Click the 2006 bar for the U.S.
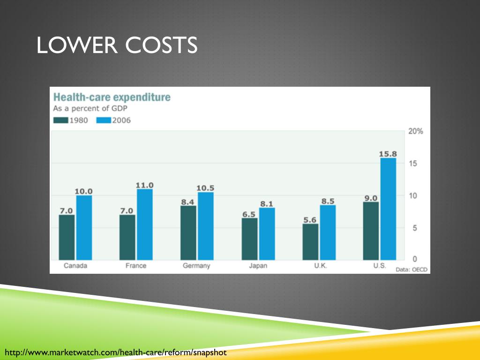[x=388, y=209]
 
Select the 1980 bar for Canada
[x=67, y=237]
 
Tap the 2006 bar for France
[x=145, y=224]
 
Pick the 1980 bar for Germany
[x=188, y=232]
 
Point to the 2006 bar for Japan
[x=267, y=233]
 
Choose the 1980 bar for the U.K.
[x=310, y=241]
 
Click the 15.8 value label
[x=388, y=154]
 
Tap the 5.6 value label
[x=310, y=219]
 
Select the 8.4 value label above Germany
[x=188, y=202]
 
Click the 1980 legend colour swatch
[x=61, y=120]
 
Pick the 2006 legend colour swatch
[x=104, y=120]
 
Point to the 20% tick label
[x=415, y=131]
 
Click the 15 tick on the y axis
[x=412, y=164]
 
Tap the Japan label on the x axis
[x=258, y=266]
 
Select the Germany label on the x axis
[x=196, y=266]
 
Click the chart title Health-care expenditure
[x=112, y=97]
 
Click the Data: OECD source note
[x=412, y=270]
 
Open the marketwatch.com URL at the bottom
[x=115, y=352]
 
